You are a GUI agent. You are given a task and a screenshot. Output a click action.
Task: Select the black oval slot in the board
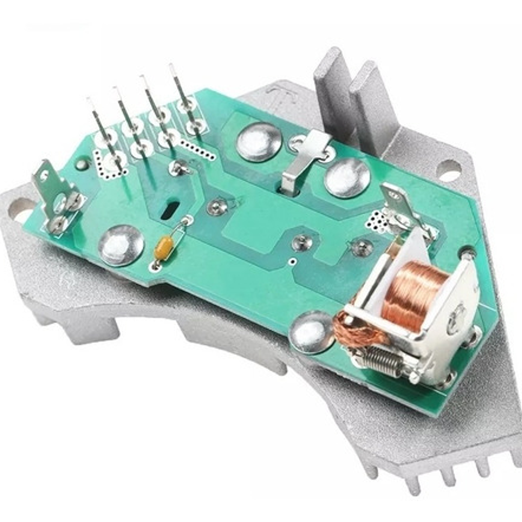pos(169,212)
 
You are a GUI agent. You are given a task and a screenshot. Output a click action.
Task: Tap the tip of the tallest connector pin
pos(172,66)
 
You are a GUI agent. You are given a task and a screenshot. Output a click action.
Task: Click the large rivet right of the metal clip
pos(347,178)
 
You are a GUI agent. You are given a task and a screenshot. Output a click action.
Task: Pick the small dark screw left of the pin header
pos(82,163)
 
